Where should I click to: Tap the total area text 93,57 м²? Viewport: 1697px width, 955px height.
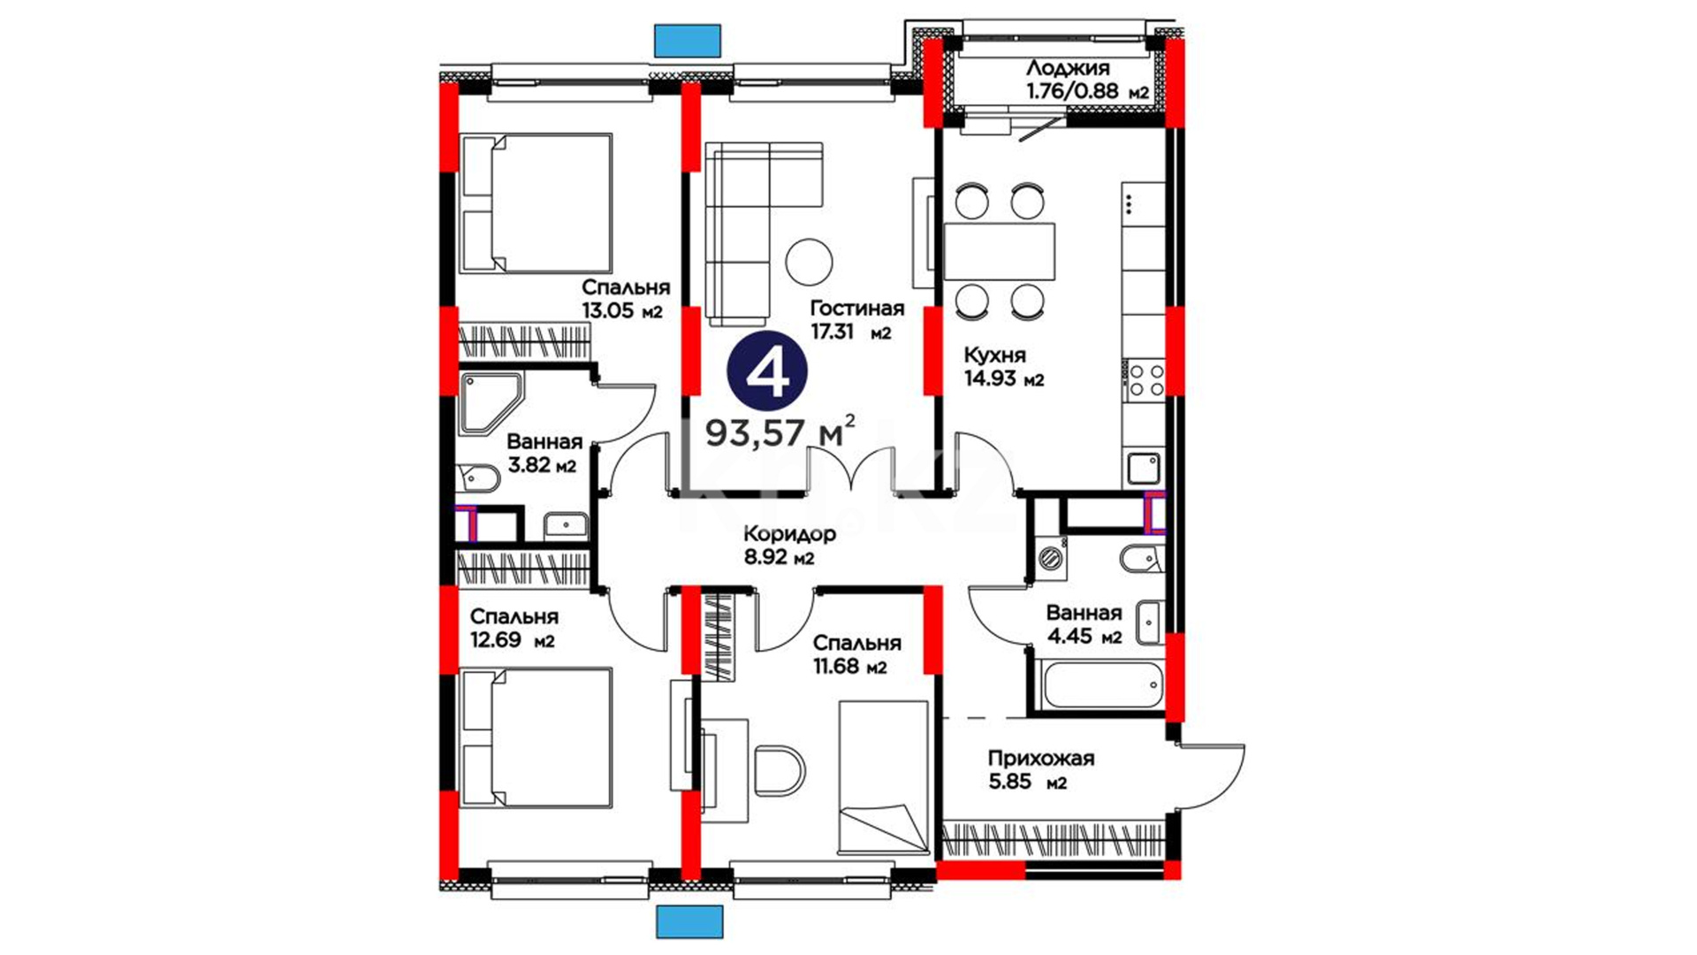[780, 432]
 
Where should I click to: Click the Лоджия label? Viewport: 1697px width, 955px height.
[1068, 68]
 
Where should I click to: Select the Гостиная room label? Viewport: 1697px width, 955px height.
[857, 308]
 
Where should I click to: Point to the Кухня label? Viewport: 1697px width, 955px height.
[994, 355]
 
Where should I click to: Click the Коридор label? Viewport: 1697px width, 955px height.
[789, 534]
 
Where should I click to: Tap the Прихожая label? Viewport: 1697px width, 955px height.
[1040, 759]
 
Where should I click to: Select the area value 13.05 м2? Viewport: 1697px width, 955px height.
[621, 310]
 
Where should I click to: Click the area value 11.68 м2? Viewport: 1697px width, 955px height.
[849, 666]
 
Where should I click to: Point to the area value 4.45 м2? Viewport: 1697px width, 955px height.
[1084, 636]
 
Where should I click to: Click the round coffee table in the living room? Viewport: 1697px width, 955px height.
[809, 262]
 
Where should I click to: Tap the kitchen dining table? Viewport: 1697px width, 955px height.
[1000, 252]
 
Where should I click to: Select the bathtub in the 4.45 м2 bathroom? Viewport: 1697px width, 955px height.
[1100, 685]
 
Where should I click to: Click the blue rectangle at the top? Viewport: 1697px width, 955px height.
[687, 41]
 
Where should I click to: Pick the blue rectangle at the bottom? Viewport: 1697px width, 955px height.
[689, 921]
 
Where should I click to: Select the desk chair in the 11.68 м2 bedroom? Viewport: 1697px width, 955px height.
[780, 769]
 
